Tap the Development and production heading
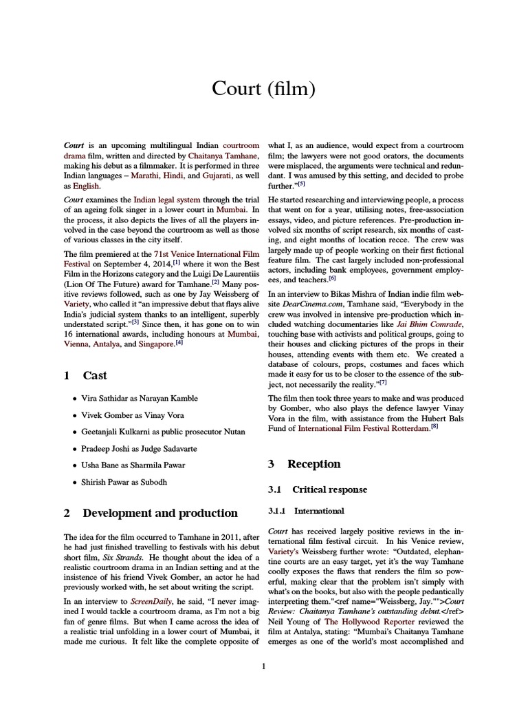point(160,513)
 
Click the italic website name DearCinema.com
point(310,303)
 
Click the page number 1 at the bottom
point(263,666)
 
